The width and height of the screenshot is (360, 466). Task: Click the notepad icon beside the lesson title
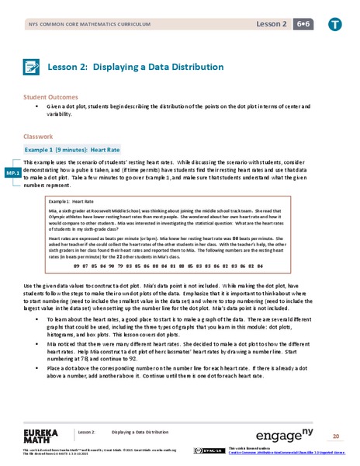pyautogui.click(x=31, y=67)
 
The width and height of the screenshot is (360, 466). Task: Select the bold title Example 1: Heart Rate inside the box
pyautogui.click(x=83, y=201)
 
